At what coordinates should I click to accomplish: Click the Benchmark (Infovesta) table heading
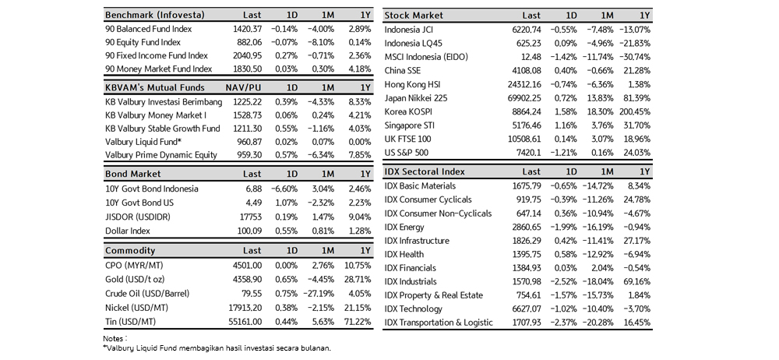coord(154,15)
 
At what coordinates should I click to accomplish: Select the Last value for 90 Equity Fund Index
coord(249,42)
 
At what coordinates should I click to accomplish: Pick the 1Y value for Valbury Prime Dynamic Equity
coord(361,154)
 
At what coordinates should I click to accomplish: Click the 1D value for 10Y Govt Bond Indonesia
coord(284,189)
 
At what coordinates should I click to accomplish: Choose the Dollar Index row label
coord(128,231)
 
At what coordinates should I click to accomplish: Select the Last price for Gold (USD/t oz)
coord(246,280)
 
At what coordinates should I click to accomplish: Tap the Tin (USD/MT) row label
coord(130,322)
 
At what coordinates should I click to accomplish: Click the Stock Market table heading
coord(414,16)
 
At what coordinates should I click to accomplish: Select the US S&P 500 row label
coord(407,153)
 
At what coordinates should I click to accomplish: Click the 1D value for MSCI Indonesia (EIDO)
coord(563,57)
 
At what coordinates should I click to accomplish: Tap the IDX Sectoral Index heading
coord(425,171)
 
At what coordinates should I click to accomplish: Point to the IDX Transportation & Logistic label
coord(439,323)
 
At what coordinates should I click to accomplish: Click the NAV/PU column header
coord(243,87)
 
